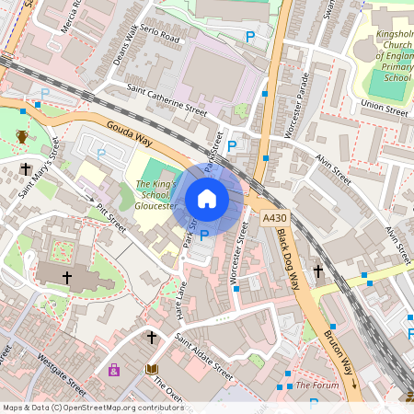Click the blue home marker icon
(207, 198)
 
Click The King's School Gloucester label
(155, 196)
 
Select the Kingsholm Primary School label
(385, 60)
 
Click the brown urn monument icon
(22, 137)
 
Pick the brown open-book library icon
(152, 370)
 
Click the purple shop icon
(114, 371)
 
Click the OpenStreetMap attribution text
(92, 408)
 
